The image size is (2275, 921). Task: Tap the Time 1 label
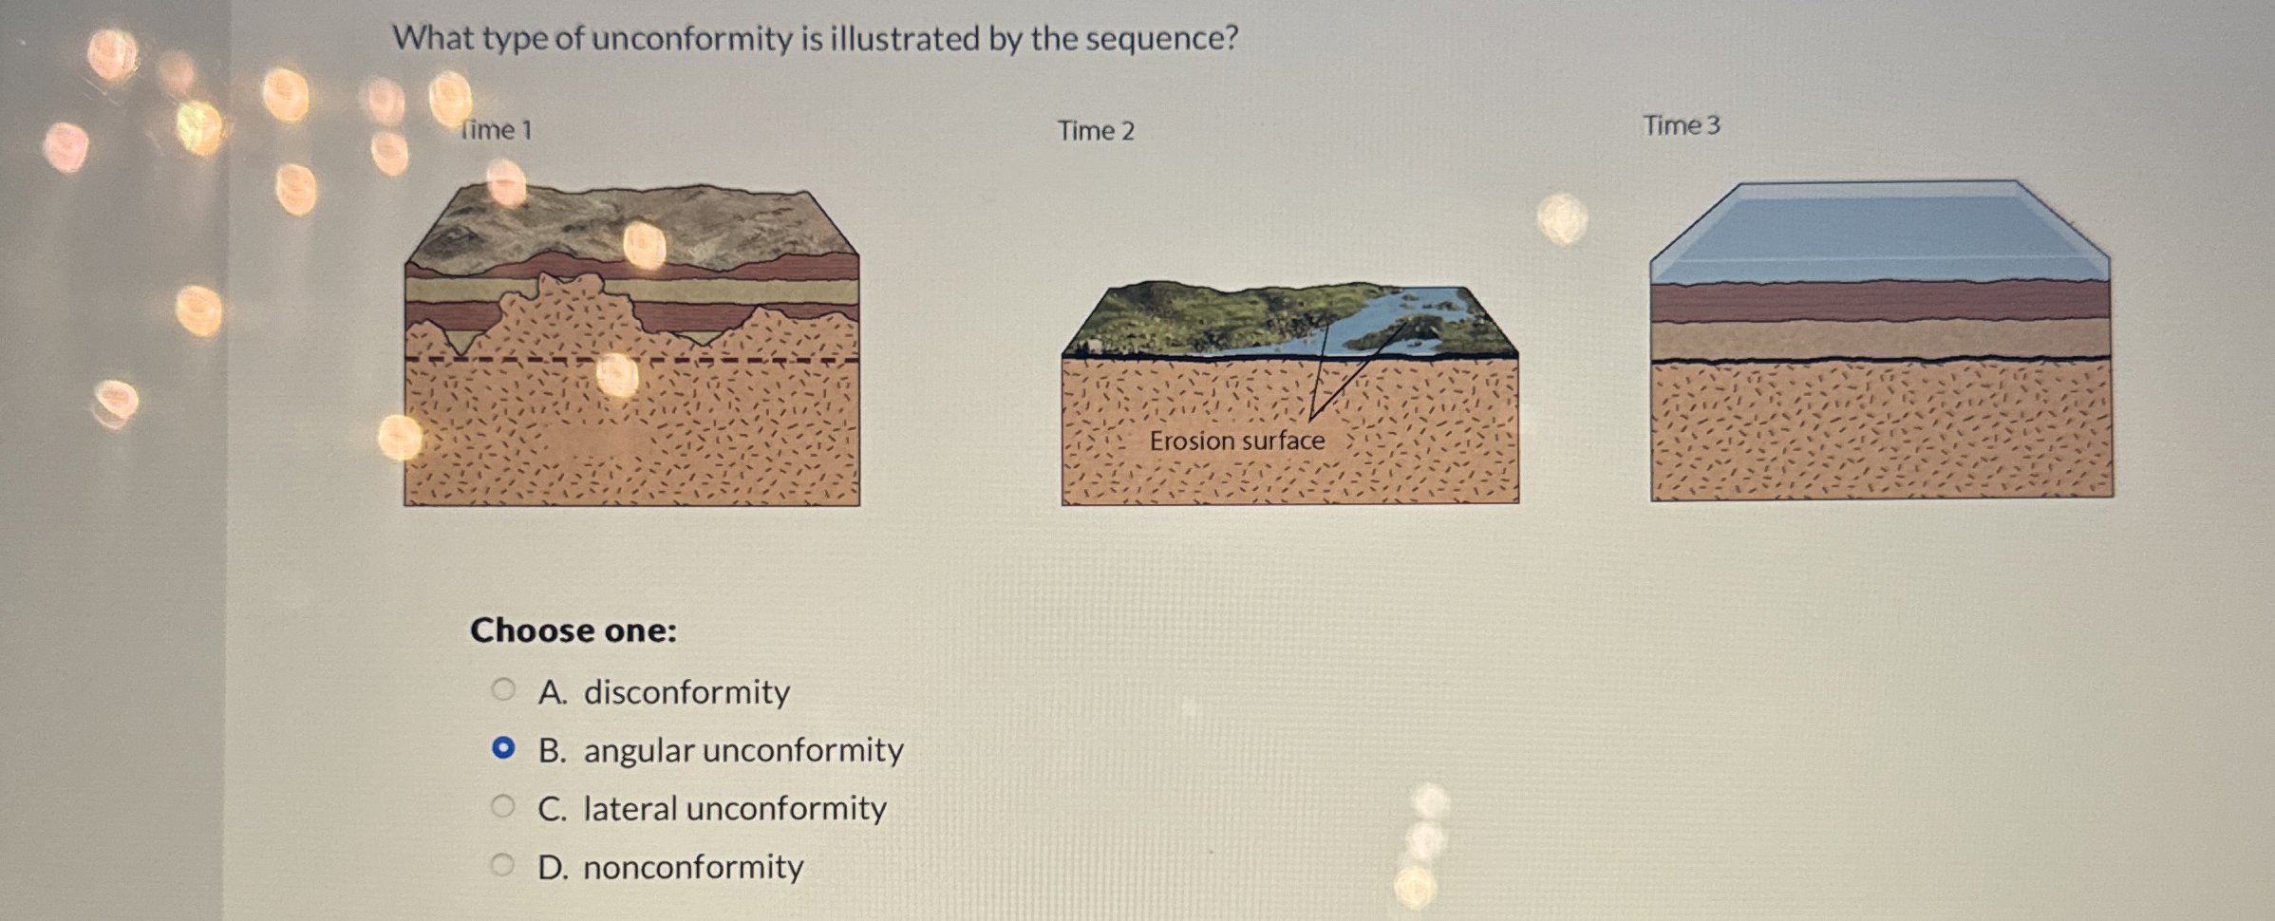tap(497, 129)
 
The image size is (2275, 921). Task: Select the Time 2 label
tap(1096, 130)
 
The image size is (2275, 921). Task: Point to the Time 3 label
tap(1682, 125)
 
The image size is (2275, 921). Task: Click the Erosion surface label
tap(1237, 441)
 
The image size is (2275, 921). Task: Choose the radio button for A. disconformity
tap(503, 689)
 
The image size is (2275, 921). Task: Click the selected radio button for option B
tap(503, 748)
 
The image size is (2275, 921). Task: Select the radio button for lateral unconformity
tap(502, 807)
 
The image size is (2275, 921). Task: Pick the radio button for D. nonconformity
tap(502, 865)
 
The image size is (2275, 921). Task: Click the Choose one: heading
tap(573, 630)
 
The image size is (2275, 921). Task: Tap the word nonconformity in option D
tap(693, 867)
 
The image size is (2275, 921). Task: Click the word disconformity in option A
tap(686, 692)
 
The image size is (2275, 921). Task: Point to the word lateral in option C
tap(630, 809)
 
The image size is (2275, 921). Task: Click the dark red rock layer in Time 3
tap(1880, 302)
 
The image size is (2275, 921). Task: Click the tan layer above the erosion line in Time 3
tap(1880, 340)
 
